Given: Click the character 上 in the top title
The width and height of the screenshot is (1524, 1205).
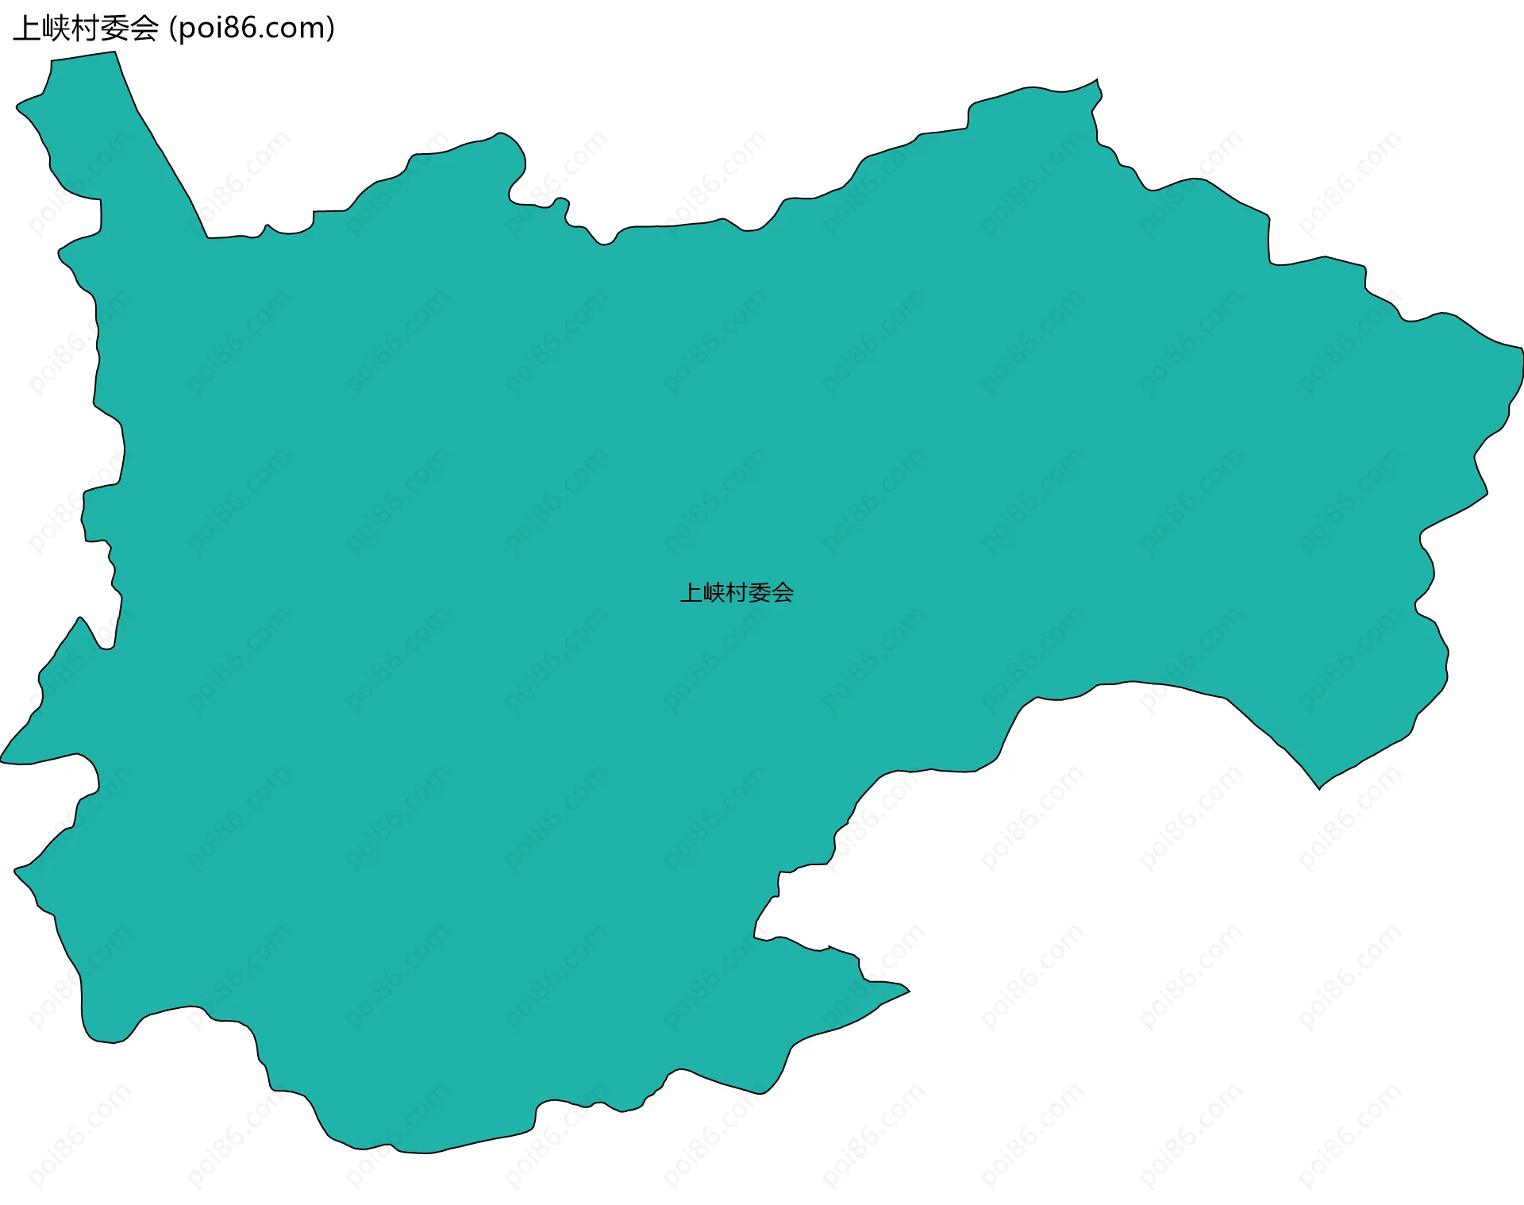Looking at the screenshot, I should coord(26,29).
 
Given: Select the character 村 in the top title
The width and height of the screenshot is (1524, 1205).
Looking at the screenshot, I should coord(85,29).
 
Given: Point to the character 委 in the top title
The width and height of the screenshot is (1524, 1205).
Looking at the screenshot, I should coord(114,29).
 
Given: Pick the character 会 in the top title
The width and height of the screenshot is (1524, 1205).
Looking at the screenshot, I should coord(144,29).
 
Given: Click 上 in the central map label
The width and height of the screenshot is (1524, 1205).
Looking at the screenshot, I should coord(691,593).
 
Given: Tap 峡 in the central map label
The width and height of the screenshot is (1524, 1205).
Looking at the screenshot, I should coord(714,593).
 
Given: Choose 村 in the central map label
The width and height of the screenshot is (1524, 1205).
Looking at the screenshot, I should coord(737,593).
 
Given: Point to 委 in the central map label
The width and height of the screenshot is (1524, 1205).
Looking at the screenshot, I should coord(760,593).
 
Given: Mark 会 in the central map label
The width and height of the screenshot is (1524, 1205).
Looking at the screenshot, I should coord(783,593).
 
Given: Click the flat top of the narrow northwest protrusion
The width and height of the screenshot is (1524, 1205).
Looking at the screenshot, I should coord(83,56).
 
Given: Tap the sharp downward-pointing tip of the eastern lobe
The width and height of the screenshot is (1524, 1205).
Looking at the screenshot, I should coord(1319,788).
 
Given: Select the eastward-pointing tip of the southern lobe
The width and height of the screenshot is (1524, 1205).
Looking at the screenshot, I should coord(909,991).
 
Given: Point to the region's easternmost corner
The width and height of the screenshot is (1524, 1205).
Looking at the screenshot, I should coord(1522,349).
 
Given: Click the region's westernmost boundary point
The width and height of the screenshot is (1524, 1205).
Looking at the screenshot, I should coord(2,760).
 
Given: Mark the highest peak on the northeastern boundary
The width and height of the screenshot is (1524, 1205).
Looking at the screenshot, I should coord(1098,79).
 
